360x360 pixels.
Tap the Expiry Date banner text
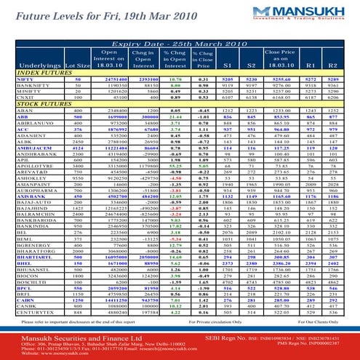pos(180,44)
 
